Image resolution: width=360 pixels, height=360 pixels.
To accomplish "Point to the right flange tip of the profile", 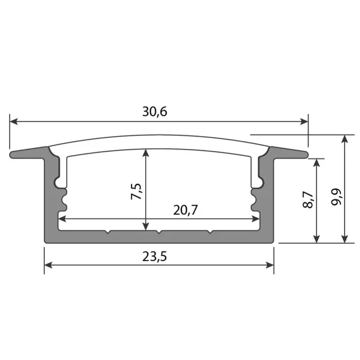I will tap(307, 153).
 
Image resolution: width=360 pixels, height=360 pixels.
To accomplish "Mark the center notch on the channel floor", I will tap(159, 233).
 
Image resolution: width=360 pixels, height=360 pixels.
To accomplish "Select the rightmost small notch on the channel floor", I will tap(210, 233).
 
